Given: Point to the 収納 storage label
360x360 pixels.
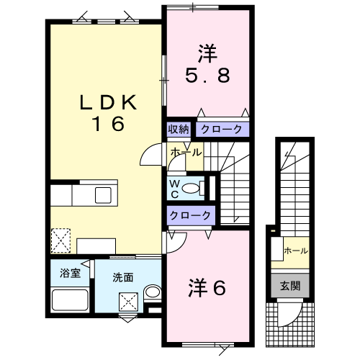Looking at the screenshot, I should point(179,130).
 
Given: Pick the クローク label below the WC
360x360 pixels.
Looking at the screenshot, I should point(191,215).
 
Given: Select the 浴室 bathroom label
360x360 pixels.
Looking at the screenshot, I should point(70,273).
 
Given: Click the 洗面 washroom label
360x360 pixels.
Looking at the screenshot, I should point(122,276).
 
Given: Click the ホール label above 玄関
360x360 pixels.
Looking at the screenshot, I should point(296,251).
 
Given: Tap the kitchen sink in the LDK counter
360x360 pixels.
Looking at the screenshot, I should point(101,194).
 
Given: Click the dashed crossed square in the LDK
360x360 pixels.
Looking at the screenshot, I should point(61,238).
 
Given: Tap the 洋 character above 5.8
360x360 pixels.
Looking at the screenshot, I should point(207,51).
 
